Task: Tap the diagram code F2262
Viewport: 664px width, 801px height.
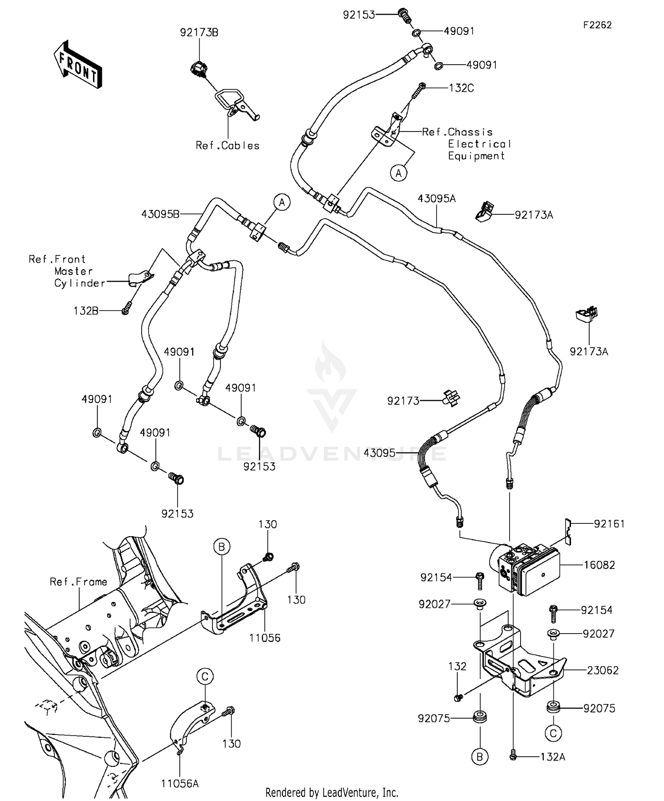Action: [x=597, y=25]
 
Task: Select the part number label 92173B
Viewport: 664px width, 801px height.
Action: [x=199, y=32]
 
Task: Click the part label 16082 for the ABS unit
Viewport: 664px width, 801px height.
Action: [x=599, y=565]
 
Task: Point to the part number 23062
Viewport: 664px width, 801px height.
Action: [x=602, y=670]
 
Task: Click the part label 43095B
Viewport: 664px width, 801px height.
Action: [x=160, y=214]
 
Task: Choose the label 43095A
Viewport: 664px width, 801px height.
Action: [x=436, y=199]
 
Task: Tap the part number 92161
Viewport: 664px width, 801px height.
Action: [x=609, y=524]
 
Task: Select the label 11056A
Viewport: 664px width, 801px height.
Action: [x=180, y=783]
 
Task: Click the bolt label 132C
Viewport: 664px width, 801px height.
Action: [x=461, y=88]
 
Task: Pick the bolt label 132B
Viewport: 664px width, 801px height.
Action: [x=86, y=311]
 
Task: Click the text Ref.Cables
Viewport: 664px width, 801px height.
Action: [x=228, y=146]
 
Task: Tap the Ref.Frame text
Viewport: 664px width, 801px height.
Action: [x=78, y=582]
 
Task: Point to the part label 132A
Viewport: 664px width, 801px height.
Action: [x=552, y=757]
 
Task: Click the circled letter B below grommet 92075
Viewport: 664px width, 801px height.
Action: [x=480, y=757]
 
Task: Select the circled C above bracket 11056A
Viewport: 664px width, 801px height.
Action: [x=205, y=676]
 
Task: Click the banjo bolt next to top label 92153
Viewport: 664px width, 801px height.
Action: [x=404, y=15]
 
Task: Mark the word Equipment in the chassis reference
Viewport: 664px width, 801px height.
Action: [x=476, y=156]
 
